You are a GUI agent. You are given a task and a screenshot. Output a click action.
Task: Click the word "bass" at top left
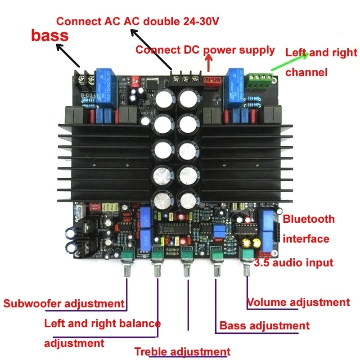coord(49,35)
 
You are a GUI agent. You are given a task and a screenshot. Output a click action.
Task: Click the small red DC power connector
coord(211,81)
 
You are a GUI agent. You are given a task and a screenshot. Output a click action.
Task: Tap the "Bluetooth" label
coord(309,219)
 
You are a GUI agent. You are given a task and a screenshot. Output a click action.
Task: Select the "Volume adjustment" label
coord(298,302)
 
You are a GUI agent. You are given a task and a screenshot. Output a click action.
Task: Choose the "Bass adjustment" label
coord(264,325)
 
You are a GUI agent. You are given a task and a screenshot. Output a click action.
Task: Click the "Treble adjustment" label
coord(182,351)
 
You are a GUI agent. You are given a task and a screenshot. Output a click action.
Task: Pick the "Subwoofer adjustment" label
coord(63,303)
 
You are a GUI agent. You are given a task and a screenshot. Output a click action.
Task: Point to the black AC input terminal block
coord(185,78)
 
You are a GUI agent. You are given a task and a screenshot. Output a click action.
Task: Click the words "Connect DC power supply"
coord(205,49)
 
